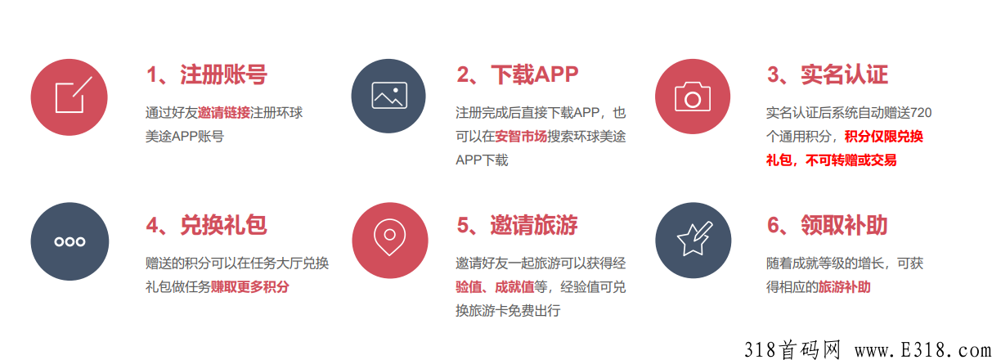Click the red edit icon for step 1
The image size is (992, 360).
[x=69, y=97]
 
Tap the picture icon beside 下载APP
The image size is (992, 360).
[x=388, y=96]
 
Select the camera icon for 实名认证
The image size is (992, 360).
[x=693, y=97]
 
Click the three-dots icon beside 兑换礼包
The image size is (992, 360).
[x=70, y=241]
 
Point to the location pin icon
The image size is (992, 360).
[x=390, y=241]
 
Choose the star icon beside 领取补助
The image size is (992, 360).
[x=693, y=241]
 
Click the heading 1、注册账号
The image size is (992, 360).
[x=207, y=74]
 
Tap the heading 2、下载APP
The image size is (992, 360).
[x=517, y=74]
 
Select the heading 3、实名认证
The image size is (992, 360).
[x=828, y=74]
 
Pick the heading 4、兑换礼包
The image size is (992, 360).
[x=207, y=225]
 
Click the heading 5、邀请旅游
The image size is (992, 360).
[x=517, y=225]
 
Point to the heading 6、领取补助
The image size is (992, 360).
[x=828, y=225]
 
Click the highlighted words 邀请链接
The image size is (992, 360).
[x=224, y=112]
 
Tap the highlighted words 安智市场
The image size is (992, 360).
[x=521, y=137]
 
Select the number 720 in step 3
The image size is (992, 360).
[x=921, y=112]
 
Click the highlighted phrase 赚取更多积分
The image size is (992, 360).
[x=249, y=287]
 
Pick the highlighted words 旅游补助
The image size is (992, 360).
[x=845, y=287]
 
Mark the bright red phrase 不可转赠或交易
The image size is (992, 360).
[x=851, y=160]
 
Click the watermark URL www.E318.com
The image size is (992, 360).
[x=923, y=350]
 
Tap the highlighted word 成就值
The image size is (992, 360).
[x=514, y=287]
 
